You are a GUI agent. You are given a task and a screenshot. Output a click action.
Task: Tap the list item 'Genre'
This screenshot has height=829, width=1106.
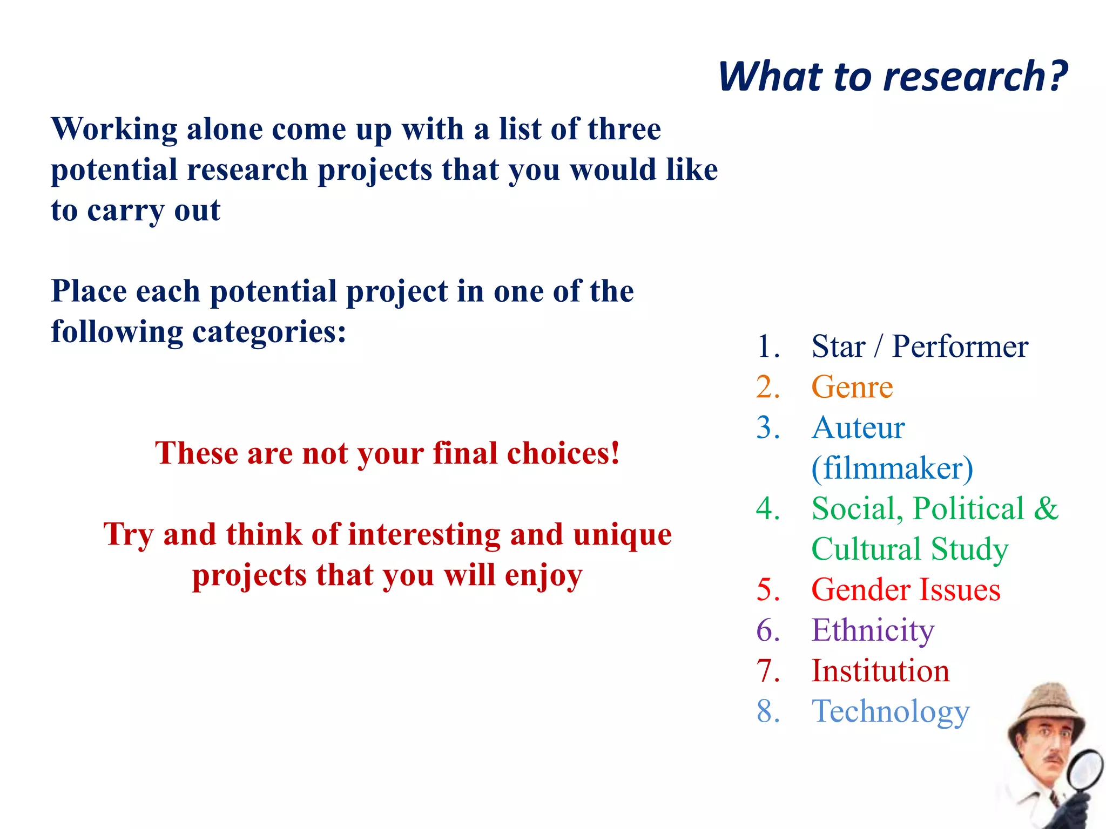point(852,387)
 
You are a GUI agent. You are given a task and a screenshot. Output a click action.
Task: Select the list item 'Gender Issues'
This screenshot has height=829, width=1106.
point(906,589)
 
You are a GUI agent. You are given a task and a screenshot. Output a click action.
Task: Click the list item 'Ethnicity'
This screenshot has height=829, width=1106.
point(873,630)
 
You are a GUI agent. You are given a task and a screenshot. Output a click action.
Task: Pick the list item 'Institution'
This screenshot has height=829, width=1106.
point(880,670)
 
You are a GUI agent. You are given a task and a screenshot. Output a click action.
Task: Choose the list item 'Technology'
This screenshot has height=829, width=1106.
point(891,711)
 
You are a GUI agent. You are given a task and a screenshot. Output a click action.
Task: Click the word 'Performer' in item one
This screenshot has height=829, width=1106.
point(960,346)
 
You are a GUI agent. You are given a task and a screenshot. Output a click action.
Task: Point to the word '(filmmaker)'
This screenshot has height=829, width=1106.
point(892,468)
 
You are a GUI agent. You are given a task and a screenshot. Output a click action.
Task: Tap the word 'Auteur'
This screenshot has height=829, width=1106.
point(858,427)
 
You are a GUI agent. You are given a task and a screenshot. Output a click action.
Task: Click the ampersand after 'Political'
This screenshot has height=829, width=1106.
point(1046,508)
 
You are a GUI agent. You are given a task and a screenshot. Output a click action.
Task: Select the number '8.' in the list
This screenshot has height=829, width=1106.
point(768,711)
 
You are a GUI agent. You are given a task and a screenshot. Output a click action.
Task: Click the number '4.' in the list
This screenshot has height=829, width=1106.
point(768,508)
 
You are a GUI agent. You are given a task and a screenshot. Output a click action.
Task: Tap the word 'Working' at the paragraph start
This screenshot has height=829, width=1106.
point(114,130)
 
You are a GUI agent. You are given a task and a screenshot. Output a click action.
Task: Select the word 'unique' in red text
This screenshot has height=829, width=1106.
point(622,534)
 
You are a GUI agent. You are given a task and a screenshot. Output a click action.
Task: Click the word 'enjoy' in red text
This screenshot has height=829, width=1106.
point(543,575)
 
